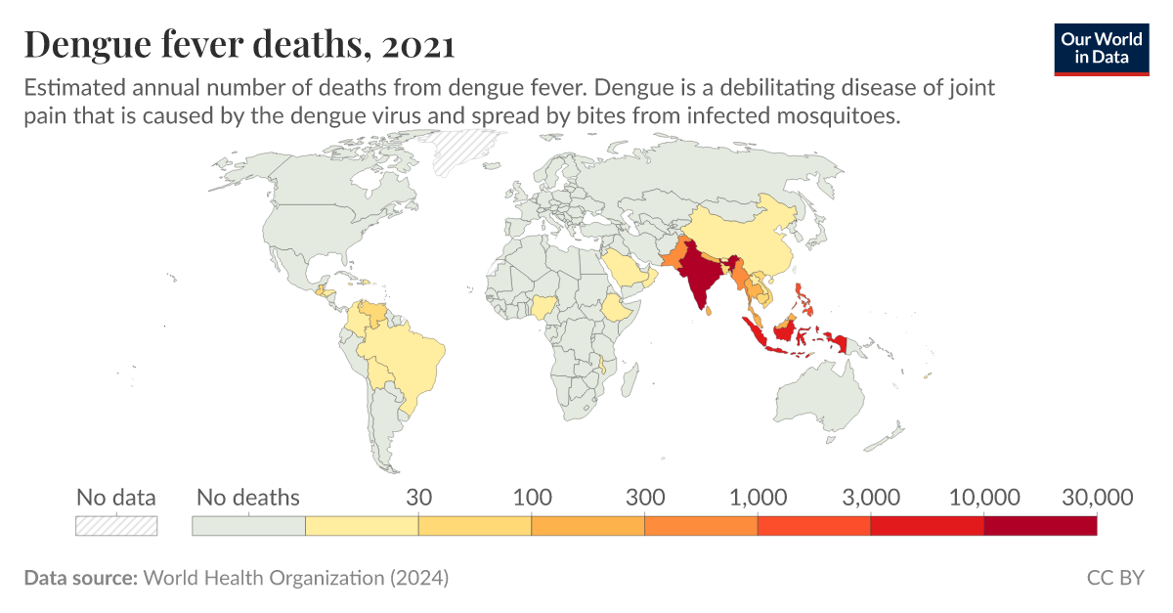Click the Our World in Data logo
tap(1102, 48)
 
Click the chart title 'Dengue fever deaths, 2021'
tap(239, 45)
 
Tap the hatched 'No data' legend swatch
tap(116, 525)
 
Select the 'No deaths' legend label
tap(248, 498)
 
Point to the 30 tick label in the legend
tap(418, 498)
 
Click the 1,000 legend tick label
tap(758, 498)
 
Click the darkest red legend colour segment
tap(1039, 525)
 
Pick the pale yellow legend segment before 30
tap(362, 525)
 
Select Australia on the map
tap(819, 401)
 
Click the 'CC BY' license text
tap(1114, 578)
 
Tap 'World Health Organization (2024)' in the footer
tap(296, 578)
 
